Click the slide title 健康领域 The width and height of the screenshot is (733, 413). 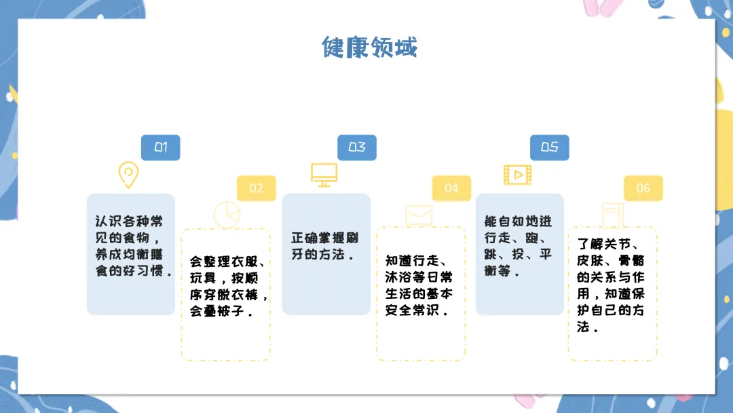(x=369, y=48)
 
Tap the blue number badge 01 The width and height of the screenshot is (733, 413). (x=161, y=147)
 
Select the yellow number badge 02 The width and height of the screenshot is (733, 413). (x=256, y=188)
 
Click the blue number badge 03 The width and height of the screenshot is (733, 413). (x=357, y=147)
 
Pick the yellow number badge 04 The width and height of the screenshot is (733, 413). (x=451, y=188)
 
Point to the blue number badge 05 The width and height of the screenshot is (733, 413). (x=549, y=147)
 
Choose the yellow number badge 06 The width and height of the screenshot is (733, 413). (x=643, y=188)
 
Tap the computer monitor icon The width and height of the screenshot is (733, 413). (x=324, y=175)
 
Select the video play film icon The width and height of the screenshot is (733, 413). (x=517, y=175)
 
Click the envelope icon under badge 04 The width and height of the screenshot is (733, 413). (x=419, y=215)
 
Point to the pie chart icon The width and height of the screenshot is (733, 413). (x=227, y=215)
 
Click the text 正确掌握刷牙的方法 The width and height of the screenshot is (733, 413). (x=325, y=247)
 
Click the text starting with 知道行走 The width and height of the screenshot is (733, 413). (x=419, y=285)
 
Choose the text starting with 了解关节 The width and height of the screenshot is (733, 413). (x=611, y=285)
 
